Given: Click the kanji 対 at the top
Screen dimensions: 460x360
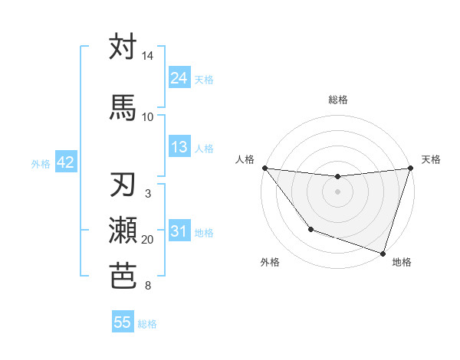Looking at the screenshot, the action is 123,47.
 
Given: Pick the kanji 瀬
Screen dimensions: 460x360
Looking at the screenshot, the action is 123,230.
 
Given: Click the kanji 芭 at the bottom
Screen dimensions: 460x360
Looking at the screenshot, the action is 123,275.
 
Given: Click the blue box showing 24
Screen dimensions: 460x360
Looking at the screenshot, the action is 179,78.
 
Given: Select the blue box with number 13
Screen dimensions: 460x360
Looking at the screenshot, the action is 179,148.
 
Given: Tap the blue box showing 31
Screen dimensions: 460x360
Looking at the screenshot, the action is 179,232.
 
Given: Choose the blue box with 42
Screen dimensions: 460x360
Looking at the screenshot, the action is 64,162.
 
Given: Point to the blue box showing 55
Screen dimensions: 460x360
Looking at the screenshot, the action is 123,322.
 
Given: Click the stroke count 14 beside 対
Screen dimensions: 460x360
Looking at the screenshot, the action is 148,57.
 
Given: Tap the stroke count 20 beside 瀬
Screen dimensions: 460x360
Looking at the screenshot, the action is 148,240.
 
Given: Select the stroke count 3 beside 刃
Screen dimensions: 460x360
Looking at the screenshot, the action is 148,195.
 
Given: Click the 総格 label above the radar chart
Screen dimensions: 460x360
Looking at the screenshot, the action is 337,100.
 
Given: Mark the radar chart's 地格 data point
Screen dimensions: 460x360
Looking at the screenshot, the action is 383,253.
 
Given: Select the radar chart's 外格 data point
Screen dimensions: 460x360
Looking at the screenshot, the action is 310,229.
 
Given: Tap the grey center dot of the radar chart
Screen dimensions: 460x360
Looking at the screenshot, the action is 337,191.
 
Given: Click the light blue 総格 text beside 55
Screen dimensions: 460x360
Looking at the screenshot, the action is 147,324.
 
